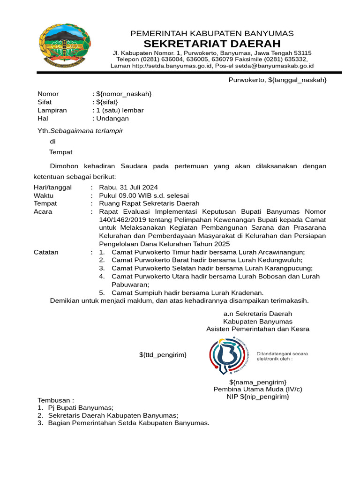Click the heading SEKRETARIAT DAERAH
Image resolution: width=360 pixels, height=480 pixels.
coord(212,44)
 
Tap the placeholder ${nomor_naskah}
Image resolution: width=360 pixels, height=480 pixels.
coord(124,94)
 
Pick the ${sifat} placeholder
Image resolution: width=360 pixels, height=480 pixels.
coord(107,102)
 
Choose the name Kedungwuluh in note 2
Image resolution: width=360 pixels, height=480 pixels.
coord(282,260)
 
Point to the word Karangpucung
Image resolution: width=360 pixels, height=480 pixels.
coord(288,268)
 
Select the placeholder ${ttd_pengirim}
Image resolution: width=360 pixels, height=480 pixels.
coord(163,355)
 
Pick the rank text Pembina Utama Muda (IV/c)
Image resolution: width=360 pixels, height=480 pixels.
coord(258,389)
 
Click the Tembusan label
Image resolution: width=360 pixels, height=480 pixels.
coord(56,400)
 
